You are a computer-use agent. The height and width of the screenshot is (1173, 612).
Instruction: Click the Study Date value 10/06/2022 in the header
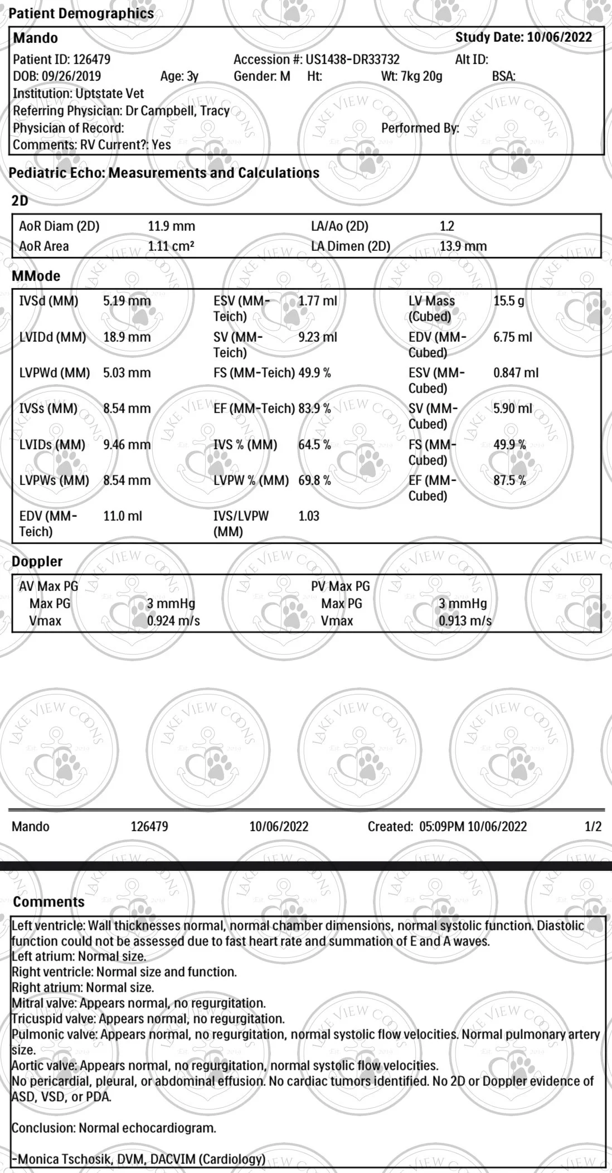click(x=559, y=38)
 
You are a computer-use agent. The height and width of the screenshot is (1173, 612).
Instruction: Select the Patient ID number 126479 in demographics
click(x=91, y=60)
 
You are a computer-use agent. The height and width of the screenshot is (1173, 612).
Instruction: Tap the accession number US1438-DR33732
click(x=352, y=60)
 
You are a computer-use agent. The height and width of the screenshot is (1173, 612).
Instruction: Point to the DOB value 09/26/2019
click(x=71, y=76)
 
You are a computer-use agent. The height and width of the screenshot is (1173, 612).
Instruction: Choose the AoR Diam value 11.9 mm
click(x=171, y=226)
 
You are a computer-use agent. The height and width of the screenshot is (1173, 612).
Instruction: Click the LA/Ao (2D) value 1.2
click(x=446, y=226)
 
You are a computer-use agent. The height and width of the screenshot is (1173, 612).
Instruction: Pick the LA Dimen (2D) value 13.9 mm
click(x=463, y=246)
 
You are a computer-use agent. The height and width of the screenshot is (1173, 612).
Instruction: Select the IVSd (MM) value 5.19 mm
click(x=127, y=302)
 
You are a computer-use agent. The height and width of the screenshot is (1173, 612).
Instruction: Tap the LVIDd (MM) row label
click(x=52, y=337)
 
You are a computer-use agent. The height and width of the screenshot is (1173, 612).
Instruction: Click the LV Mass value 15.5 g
click(x=508, y=302)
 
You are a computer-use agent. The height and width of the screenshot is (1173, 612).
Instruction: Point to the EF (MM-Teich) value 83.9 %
click(x=314, y=409)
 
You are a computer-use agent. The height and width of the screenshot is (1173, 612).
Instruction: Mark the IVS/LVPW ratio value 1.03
click(x=309, y=516)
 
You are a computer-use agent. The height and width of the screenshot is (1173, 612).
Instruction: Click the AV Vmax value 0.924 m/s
click(x=173, y=621)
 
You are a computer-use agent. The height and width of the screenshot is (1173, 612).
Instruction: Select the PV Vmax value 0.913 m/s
click(x=465, y=621)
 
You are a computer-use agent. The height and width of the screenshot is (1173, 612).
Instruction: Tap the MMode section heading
click(x=36, y=276)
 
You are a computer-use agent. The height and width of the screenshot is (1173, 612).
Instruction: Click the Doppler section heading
click(x=37, y=562)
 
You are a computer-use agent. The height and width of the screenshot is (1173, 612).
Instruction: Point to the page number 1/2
click(x=593, y=826)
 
